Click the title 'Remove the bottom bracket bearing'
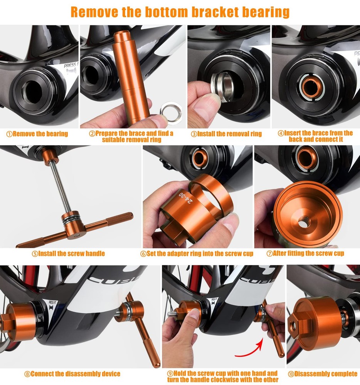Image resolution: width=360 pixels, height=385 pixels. (180, 12)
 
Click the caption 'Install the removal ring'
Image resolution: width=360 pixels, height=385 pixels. (226, 134)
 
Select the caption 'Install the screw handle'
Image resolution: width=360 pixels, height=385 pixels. (69, 253)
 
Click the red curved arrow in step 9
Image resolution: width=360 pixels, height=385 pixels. (251, 348)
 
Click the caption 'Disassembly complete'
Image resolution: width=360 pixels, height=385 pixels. (322, 374)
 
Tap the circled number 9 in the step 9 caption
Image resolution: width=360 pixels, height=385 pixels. (170, 373)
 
